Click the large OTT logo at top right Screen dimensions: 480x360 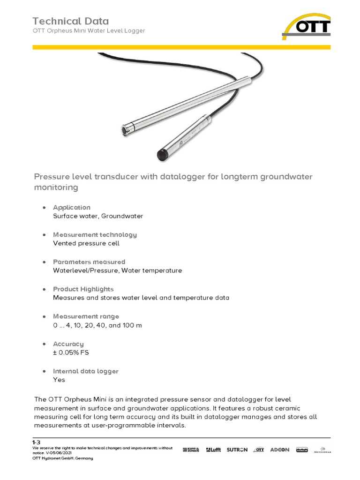[x=307, y=26]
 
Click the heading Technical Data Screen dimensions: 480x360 [x=70, y=21]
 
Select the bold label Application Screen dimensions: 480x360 [x=71, y=207]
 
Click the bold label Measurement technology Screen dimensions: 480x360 [x=95, y=234]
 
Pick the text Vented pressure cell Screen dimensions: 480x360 [x=86, y=243]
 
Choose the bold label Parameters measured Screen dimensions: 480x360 [x=89, y=262]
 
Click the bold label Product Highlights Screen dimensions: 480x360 [x=83, y=289]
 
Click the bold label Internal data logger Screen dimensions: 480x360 [x=85, y=371]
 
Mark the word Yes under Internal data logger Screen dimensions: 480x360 [x=59, y=380]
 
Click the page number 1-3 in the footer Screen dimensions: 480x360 [x=37, y=442]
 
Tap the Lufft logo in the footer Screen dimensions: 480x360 [x=212, y=450]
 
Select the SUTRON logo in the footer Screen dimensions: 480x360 [x=237, y=450]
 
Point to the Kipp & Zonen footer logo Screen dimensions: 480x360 [x=191, y=450]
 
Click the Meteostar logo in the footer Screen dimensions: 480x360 [x=322, y=450]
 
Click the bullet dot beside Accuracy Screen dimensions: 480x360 [x=44, y=344]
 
